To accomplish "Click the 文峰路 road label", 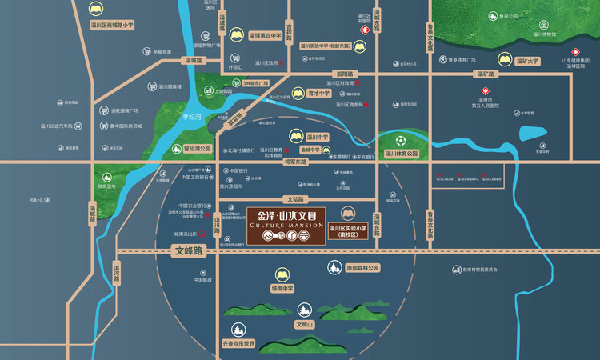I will pyautogui.click(x=190, y=251).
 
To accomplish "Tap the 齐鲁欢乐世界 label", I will pyautogui.click(x=237, y=344).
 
